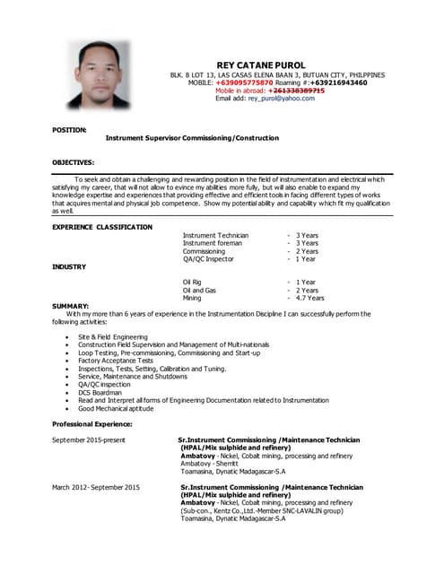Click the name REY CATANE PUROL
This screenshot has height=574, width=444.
click(262, 65)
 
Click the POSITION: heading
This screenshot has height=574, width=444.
click(69, 130)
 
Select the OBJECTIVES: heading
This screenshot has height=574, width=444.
click(73, 162)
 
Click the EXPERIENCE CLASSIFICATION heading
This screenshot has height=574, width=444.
click(102, 227)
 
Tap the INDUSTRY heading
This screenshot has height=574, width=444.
click(69, 266)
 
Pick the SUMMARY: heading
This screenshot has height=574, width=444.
click(71, 306)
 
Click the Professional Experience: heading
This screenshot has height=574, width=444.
click(92, 423)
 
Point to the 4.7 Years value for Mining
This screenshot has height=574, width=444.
click(309, 298)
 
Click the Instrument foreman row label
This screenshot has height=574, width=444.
click(213, 243)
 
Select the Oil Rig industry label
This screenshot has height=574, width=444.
click(198, 282)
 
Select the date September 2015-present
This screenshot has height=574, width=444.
click(89, 440)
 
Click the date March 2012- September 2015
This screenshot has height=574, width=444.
click(96, 487)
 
